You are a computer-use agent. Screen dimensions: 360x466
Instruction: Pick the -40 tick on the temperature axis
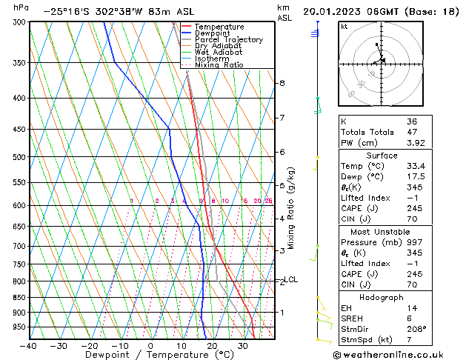29,346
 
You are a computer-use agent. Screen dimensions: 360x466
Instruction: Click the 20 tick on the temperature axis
212,346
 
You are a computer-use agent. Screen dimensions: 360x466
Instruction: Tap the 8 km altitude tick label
282,83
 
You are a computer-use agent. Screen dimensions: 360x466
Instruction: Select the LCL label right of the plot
291,279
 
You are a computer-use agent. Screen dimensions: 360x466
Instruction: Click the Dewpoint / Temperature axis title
150,355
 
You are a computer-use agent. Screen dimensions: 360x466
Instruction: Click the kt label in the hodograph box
344,26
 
